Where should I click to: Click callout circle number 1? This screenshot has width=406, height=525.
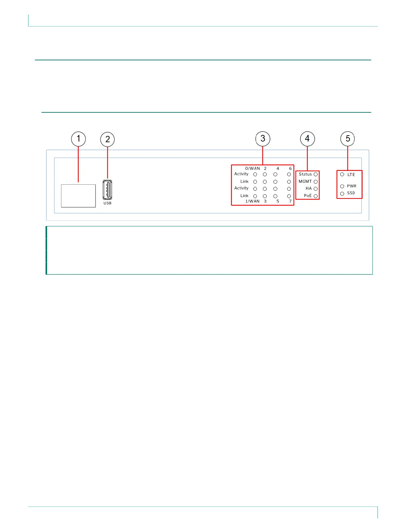pos(79,139)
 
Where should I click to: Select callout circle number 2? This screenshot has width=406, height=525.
pos(107,140)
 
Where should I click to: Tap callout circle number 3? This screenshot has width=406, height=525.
pos(263,139)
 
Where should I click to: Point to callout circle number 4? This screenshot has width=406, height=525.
pos(307,139)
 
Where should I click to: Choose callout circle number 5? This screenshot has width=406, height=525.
pos(348,139)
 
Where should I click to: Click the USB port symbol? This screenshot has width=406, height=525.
pos(107,190)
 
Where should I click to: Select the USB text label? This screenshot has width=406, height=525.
pos(107,203)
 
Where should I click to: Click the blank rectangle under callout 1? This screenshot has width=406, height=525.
pos(78,196)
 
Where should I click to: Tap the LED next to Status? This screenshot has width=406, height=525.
pos(316,174)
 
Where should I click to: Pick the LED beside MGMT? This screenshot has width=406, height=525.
pos(316,182)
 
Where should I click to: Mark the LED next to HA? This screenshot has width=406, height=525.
pos(316,189)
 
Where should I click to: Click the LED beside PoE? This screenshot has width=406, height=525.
pos(316,196)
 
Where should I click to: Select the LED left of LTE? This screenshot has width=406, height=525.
pos(342,174)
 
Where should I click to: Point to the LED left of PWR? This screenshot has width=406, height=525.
pos(342,186)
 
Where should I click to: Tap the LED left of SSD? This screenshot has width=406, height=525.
pos(342,194)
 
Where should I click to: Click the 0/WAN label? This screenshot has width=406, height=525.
pos(252,168)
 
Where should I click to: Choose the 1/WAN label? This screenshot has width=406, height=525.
pos(252,201)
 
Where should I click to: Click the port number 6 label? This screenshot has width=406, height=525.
pos(290,168)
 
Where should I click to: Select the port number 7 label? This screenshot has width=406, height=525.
pos(290,201)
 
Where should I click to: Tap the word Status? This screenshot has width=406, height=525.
pos(305,174)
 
